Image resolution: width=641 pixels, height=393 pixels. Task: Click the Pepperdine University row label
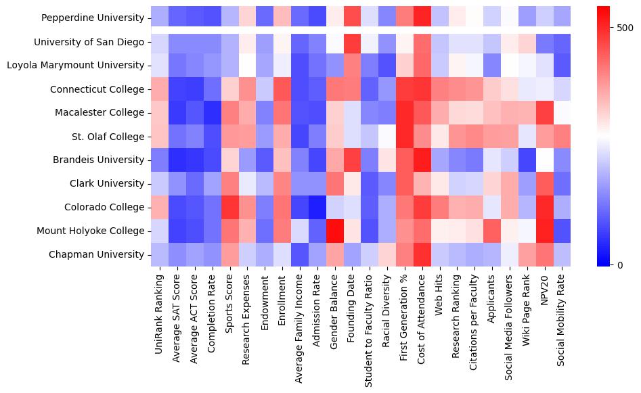pos(102,18)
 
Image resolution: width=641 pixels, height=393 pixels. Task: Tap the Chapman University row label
pos(106,255)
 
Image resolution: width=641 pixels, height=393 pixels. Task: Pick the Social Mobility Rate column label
pos(564,324)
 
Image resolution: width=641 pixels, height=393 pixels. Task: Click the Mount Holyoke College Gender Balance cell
pos(335,231)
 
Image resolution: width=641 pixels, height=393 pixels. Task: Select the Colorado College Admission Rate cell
pos(317,208)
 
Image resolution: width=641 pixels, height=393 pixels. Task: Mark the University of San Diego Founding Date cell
pos(353,42)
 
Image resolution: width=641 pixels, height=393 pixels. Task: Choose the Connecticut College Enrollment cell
pos(282,89)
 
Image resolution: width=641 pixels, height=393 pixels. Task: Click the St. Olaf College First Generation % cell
pos(405,137)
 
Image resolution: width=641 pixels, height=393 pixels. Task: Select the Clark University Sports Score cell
pos(229,184)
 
